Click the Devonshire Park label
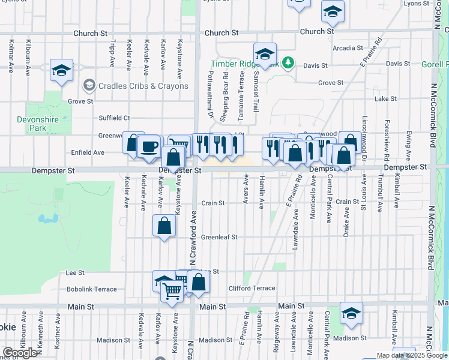(37, 124)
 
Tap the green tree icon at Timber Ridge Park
(288, 61)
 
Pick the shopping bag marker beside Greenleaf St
(164, 226)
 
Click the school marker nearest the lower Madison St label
(351, 313)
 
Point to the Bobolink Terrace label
(91, 289)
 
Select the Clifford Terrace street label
(252, 289)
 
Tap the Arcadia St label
(348, 48)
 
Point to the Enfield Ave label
(88, 152)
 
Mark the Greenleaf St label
(219, 237)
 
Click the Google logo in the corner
(20, 353)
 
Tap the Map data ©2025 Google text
(412, 355)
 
